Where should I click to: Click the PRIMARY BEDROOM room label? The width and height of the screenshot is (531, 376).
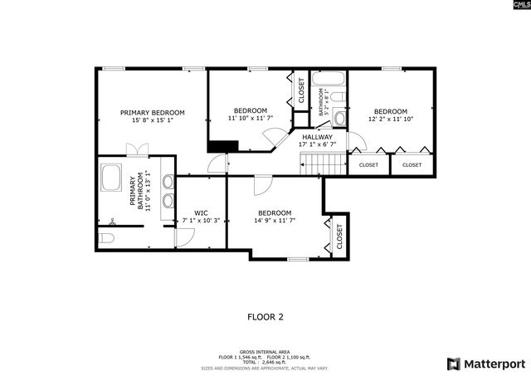[152, 112]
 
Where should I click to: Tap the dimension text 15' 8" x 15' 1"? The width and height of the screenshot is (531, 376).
[152, 120]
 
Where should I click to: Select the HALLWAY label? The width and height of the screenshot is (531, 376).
[317, 137]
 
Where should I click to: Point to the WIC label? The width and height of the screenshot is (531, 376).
[201, 212]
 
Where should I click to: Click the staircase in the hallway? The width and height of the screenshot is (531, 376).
[324, 164]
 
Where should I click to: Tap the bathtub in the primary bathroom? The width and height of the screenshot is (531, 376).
[111, 178]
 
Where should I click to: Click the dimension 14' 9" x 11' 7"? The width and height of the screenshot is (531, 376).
[274, 221]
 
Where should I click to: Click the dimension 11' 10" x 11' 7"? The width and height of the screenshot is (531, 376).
[250, 119]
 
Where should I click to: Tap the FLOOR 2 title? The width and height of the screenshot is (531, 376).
[265, 316]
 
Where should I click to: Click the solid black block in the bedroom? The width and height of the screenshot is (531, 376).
[222, 146]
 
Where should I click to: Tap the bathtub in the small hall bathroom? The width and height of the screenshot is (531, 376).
[329, 81]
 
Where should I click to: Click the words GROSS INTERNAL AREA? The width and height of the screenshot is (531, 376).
[265, 351]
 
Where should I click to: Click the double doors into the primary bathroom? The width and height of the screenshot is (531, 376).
[137, 149]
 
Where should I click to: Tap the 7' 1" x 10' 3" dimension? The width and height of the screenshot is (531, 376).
[201, 221]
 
